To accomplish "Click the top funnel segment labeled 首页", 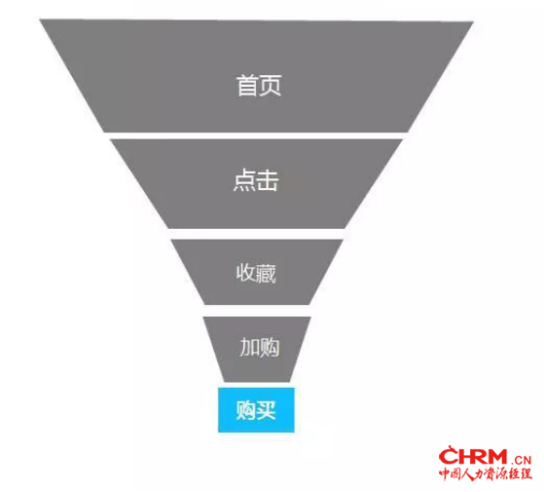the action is coord(257,76).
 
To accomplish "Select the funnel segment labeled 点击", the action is coord(256,184).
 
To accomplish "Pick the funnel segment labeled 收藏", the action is coord(257,272).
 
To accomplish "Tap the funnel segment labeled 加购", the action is coord(257,349).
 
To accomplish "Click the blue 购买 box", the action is coord(256,410).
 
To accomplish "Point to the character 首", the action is coord(247,86).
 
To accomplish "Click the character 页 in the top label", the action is coord(270,86).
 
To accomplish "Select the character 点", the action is coord(244,180).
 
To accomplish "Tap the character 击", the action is coord(268,180).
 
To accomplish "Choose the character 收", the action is coord(246,273).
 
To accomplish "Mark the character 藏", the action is coord(266,274).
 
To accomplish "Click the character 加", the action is coord(249,347).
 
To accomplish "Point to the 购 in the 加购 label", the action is coord(270,347).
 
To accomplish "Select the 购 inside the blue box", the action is coord(246,410).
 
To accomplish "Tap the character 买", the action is coord(266,410).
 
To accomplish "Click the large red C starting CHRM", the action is coord(449,455).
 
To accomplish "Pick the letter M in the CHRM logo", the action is coord(494,457).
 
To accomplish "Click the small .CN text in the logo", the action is coord(521,461).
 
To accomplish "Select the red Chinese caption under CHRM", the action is coord(486,473).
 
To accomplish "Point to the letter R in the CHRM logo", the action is coord(474,457).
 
